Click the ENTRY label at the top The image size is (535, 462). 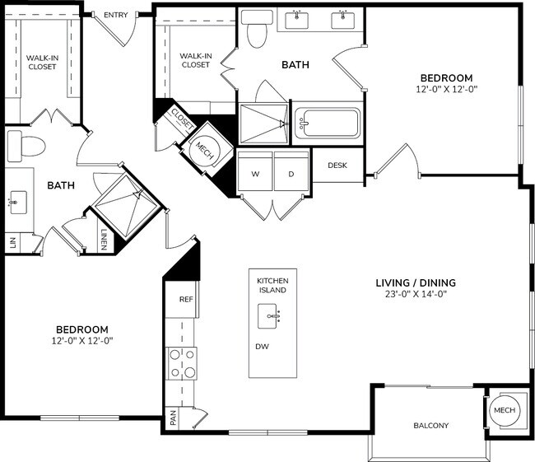pos(115,14)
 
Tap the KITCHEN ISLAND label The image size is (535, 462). pos(271,285)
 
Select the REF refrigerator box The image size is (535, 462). pos(185,300)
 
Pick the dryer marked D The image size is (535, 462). pos(291,174)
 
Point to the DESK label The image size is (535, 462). pos(337,166)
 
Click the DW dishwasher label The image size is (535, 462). pos(262,347)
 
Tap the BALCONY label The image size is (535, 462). pos(430,426)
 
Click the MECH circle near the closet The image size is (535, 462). pos(202,150)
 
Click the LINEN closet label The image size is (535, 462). pos(104,238)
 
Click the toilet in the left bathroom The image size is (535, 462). pos(26,147)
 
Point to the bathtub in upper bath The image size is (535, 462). pos(328,124)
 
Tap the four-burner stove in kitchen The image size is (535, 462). pos(182,362)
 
